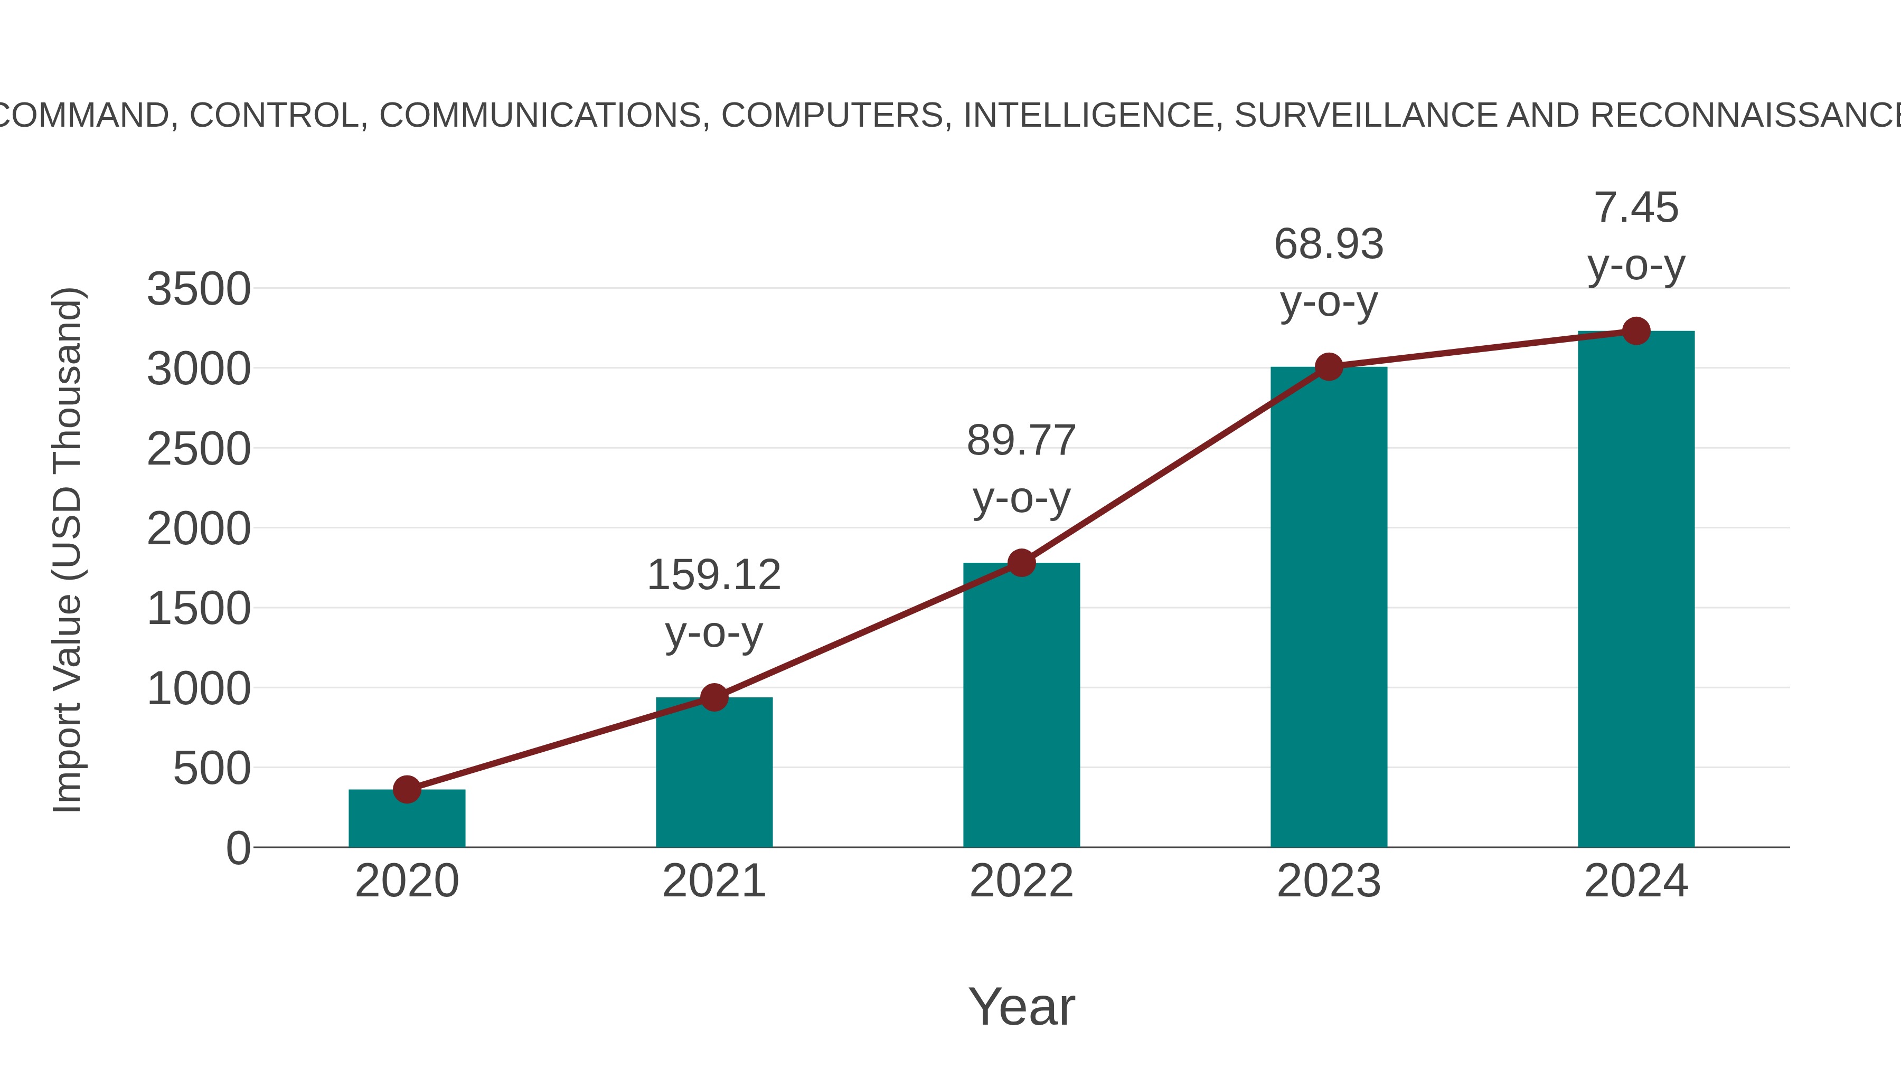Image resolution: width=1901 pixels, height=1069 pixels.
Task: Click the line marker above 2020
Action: [x=407, y=789]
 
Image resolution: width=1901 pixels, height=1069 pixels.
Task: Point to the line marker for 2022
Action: [x=1021, y=563]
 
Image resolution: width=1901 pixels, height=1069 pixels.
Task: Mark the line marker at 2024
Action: [x=1636, y=330]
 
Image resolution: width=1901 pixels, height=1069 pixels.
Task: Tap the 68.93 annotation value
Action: [x=1329, y=244]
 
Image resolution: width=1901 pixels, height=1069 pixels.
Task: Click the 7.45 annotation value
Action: [x=1636, y=207]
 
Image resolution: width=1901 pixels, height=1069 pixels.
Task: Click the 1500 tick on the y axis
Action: [x=199, y=609]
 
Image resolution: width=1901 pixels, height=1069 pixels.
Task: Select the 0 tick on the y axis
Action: [x=238, y=848]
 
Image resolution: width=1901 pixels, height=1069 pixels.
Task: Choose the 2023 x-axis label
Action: [x=1329, y=881]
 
